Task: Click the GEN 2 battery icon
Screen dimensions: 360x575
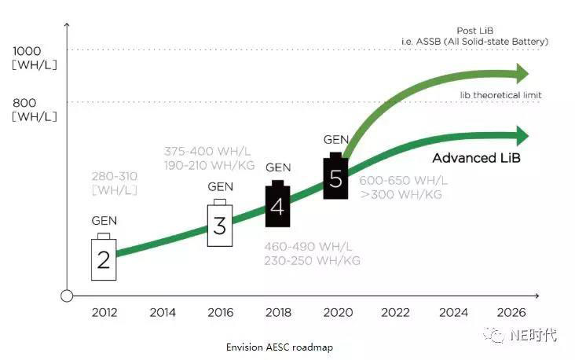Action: coord(104,257)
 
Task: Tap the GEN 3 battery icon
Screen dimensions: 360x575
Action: coord(220,224)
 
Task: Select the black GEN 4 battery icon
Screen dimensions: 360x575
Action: coord(277,204)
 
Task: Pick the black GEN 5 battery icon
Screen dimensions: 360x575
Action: coord(335,177)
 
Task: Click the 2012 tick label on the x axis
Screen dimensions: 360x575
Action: coord(104,312)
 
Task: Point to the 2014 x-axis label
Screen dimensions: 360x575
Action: coord(163,312)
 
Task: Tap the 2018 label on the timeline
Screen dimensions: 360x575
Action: coord(279,312)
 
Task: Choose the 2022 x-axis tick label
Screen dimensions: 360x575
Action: coord(395,312)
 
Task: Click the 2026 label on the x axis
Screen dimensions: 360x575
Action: coord(511,312)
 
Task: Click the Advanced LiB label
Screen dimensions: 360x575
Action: coord(477,158)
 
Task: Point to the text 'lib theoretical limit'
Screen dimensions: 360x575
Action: coord(500,95)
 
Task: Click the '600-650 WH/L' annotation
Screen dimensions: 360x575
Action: coord(404,180)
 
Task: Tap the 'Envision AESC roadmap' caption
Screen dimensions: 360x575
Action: coord(273,347)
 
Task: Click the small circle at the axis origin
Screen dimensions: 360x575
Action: coord(68,296)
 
